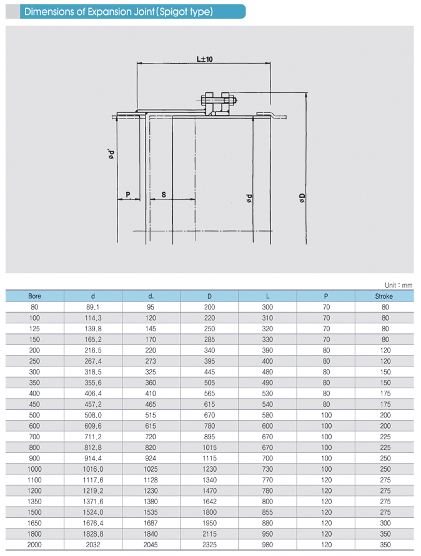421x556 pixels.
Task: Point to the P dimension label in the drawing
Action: pyautogui.click(x=128, y=195)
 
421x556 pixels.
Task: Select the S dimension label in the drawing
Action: pyautogui.click(x=164, y=195)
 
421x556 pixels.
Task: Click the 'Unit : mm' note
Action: pyautogui.click(x=399, y=284)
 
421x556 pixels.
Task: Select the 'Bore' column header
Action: pyautogui.click(x=35, y=296)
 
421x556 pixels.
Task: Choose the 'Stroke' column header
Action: pyautogui.click(x=384, y=296)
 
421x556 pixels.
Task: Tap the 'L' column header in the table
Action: pyautogui.click(x=267, y=296)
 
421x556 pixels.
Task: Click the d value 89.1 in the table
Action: pyautogui.click(x=93, y=307)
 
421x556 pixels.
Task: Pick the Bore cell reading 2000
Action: pyautogui.click(x=35, y=544)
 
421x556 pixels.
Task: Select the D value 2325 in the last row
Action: pyautogui.click(x=209, y=544)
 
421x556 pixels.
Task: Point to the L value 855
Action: pyautogui.click(x=267, y=511)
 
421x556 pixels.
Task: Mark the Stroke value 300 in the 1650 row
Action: pyautogui.click(x=384, y=522)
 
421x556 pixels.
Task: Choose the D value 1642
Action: pyautogui.click(x=209, y=500)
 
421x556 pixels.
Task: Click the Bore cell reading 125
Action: pyautogui.click(x=35, y=328)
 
